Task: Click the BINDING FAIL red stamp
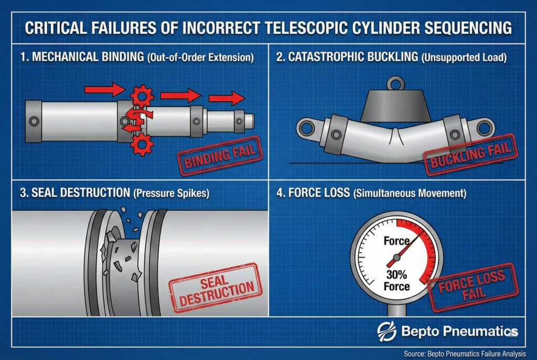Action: (x=220, y=156)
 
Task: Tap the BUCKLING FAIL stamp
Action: (x=470, y=155)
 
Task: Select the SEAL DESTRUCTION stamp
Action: (x=216, y=288)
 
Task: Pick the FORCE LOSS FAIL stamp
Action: (x=474, y=287)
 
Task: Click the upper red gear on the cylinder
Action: (x=142, y=96)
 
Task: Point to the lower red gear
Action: (x=142, y=144)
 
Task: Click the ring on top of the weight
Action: (x=396, y=83)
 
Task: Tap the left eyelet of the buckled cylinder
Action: (x=306, y=128)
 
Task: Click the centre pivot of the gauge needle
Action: (x=396, y=257)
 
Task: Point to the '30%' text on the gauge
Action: (x=396, y=275)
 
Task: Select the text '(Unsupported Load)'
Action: (x=464, y=57)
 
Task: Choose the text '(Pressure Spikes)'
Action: (x=171, y=193)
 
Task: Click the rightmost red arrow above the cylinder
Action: (x=227, y=99)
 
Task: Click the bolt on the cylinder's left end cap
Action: (x=34, y=121)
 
